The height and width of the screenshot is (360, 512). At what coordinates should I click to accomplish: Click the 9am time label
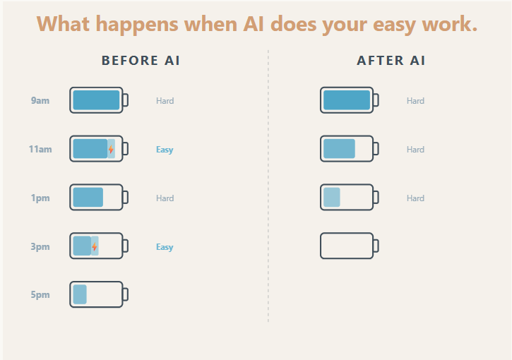40,101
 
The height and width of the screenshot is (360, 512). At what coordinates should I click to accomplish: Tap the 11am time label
40,150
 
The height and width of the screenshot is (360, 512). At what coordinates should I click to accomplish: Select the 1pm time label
40,198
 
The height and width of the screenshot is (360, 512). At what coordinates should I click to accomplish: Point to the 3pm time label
40,247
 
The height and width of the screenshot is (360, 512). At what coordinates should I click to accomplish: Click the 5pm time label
40,295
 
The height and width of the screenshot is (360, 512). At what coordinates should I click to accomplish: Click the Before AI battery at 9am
97,100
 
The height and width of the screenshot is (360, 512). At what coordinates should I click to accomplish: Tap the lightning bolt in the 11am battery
111,150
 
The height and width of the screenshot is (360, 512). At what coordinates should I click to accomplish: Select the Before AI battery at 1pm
97,198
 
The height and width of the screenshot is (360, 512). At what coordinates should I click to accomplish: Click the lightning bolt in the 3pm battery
95,247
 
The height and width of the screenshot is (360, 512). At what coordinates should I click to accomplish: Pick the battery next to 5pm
97,294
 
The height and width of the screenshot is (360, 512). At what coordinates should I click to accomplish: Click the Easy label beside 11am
165,150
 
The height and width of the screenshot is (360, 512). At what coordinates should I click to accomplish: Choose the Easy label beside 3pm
165,247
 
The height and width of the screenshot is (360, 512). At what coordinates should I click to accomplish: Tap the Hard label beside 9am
165,101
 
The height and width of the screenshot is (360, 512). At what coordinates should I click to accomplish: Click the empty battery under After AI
348,246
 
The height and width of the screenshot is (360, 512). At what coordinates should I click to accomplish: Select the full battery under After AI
348,100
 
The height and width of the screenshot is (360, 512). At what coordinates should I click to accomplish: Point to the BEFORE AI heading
141,61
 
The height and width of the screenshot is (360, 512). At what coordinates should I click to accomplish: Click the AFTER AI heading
391,61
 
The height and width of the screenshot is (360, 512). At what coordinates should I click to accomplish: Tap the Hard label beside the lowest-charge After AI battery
415,198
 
